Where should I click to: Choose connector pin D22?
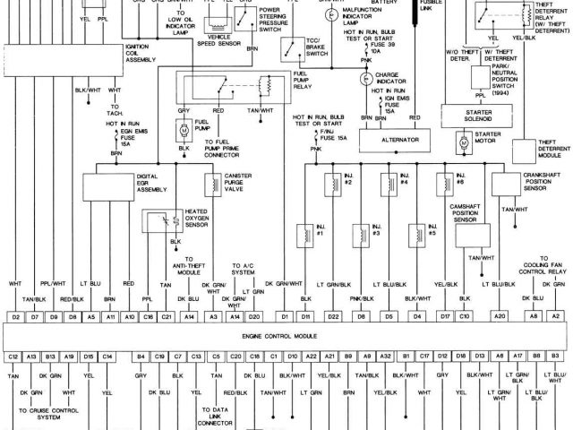click(333, 316)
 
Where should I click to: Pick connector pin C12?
click(13, 357)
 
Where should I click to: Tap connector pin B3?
click(556, 357)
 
